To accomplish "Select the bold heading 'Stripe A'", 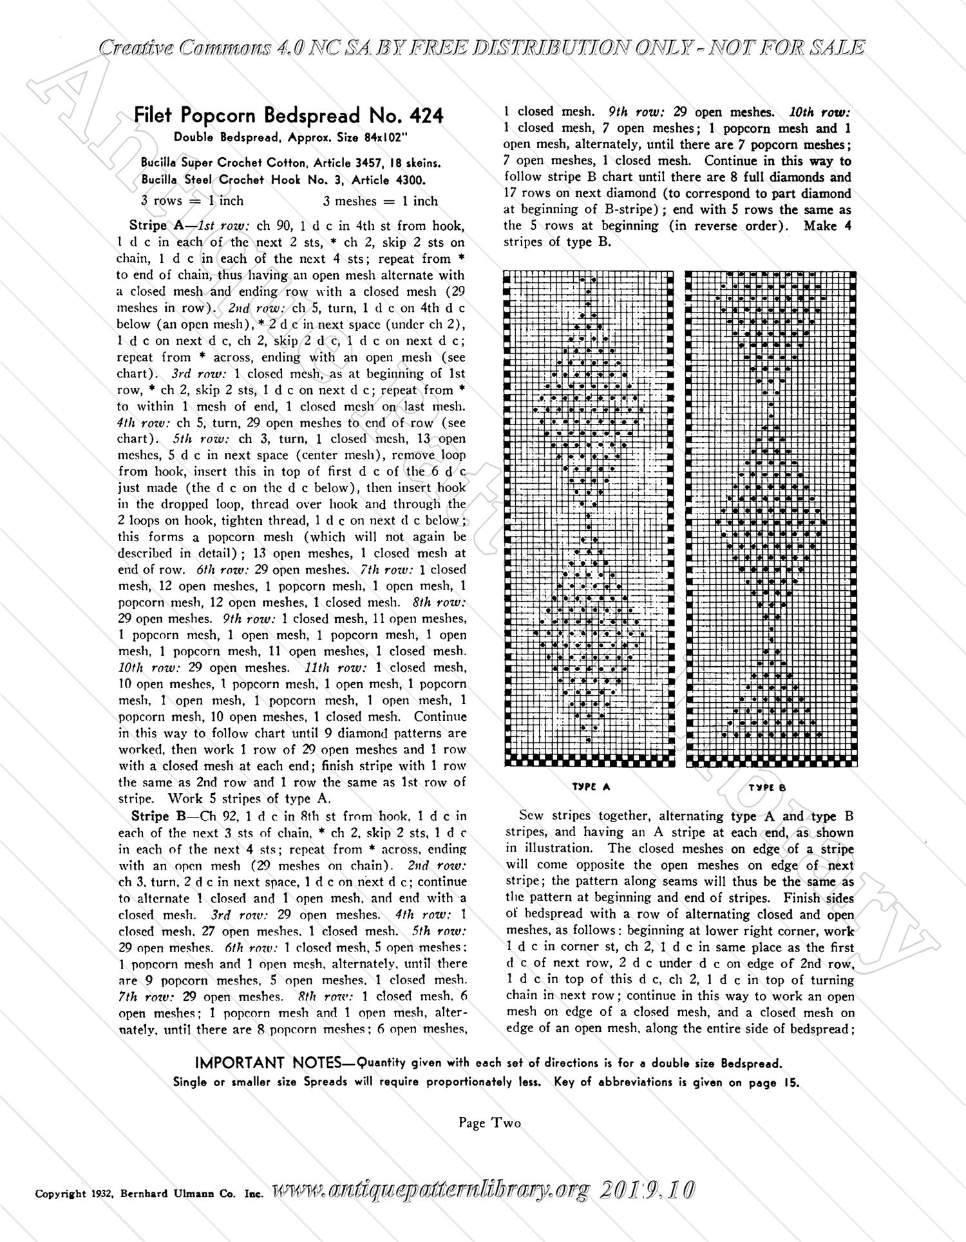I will point(154,225).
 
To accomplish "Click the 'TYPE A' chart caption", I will point(591,787).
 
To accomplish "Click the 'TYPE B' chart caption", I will point(767,787).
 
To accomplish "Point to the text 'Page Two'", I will point(489,1123).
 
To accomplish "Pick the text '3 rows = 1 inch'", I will point(192,201).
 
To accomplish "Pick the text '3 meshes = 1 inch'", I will point(380,201).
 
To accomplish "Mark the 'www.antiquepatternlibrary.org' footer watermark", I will point(431,1191).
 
